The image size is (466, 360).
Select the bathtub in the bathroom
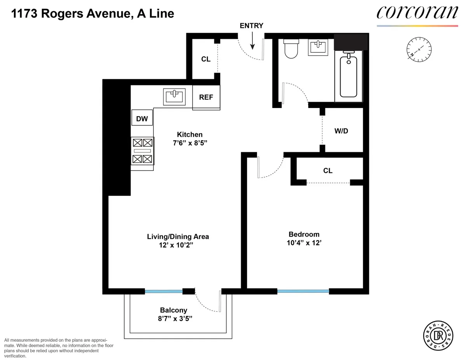[348, 76]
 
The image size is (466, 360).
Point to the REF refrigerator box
[206, 97]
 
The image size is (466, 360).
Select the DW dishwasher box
[142, 118]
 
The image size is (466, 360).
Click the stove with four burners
[143, 151]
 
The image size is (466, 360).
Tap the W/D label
[341, 131]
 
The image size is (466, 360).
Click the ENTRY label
[252, 26]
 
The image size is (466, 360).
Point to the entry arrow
[252, 41]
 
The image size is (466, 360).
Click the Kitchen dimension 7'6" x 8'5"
[190, 143]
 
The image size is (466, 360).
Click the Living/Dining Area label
[178, 236]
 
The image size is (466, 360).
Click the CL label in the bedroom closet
[328, 170]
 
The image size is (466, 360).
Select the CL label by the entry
[205, 59]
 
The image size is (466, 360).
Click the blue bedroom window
[303, 291]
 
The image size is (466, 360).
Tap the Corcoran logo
[417, 13]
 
